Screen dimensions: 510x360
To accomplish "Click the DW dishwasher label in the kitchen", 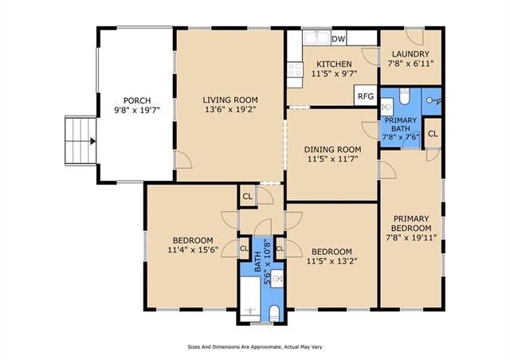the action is pyautogui.click(x=338, y=39).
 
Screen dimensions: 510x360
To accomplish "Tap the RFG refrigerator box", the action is pyautogui.click(x=366, y=96).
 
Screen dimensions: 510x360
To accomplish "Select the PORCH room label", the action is pyautogui.click(x=137, y=100).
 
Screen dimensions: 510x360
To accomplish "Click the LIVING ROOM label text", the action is pyautogui.click(x=230, y=100).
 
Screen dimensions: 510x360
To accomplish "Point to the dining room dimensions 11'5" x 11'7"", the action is pyautogui.click(x=332, y=159).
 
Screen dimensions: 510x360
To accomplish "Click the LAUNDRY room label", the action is pyautogui.click(x=410, y=54).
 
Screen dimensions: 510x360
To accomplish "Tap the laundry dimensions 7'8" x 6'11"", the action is pyautogui.click(x=410, y=64).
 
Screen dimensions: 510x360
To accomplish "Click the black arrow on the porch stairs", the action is pyautogui.click(x=93, y=141).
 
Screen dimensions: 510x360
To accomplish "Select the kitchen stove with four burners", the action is pyautogui.click(x=295, y=70).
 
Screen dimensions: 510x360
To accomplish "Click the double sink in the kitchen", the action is pyautogui.click(x=316, y=37).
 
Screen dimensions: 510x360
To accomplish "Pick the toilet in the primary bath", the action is pyautogui.click(x=404, y=96).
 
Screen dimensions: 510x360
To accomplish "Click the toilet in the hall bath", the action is pyautogui.click(x=274, y=313).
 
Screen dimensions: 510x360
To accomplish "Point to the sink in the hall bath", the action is pyautogui.click(x=277, y=279).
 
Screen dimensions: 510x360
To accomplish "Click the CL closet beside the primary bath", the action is pyautogui.click(x=433, y=134).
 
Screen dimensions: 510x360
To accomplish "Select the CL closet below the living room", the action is pyautogui.click(x=248, y=196).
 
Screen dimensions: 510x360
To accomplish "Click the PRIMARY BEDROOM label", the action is pyautogui.click(x=411, y=223).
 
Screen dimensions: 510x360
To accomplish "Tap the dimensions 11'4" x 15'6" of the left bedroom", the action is pyautogui.click(x=193, y=250).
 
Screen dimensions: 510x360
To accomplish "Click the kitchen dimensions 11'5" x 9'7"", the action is pyautogui.click(x=335, y=73).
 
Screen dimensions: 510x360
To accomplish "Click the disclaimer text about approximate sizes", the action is pyautogui.click(x=255, y=347).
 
